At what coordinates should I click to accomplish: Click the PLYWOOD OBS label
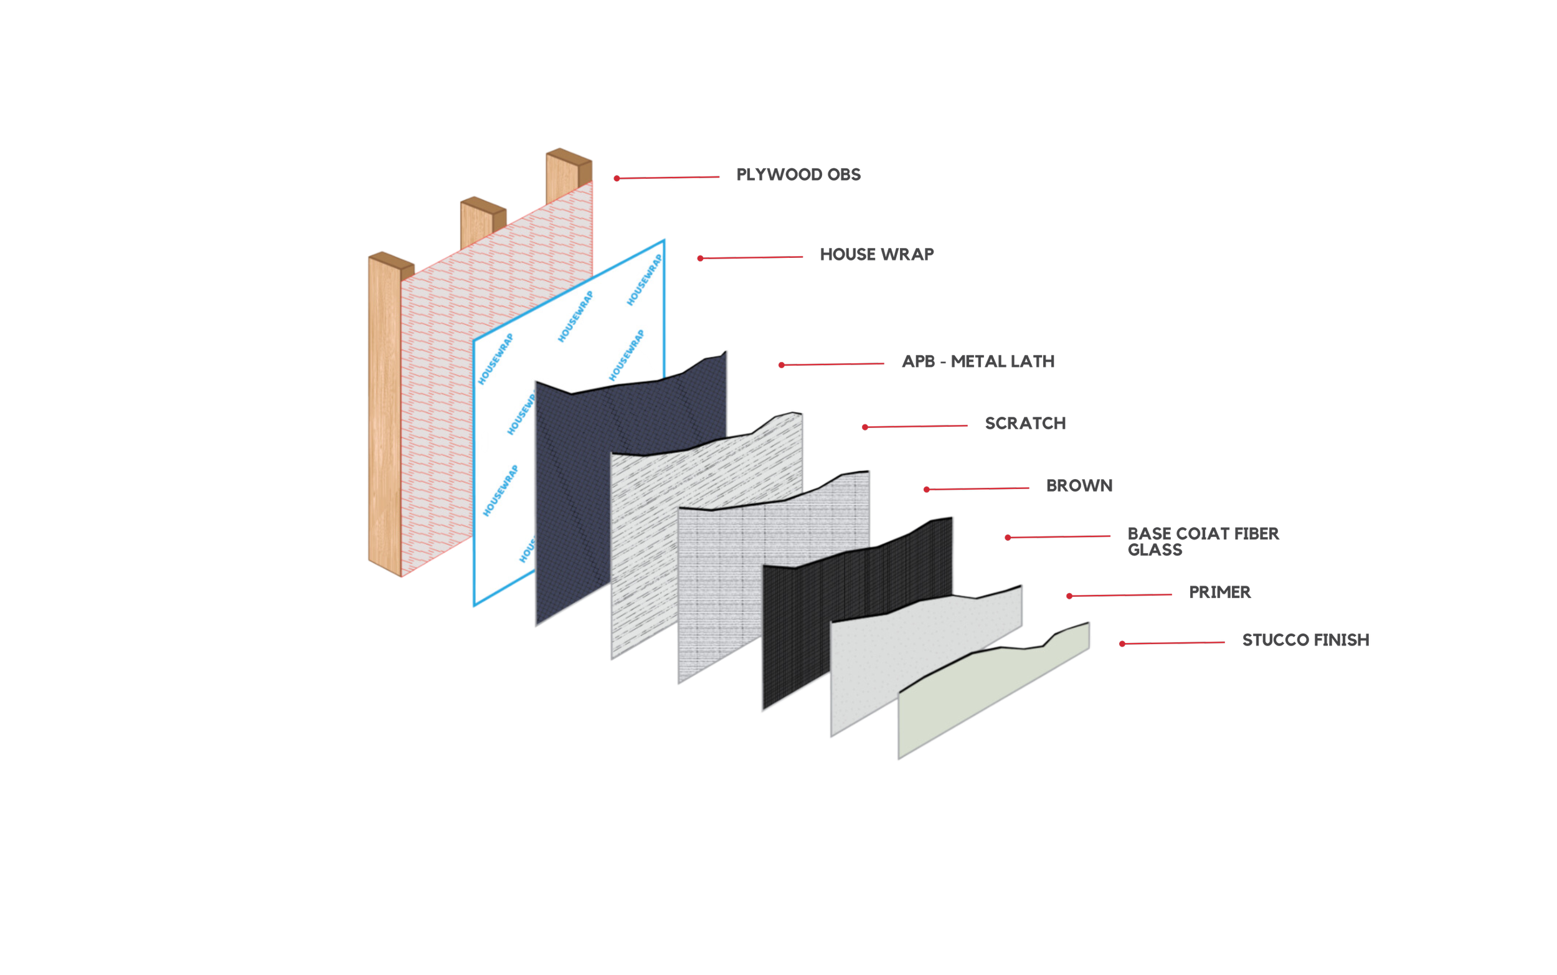[798, 174]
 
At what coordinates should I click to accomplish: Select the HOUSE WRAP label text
[876, 255]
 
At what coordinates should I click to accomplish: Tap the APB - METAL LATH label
[978, 362]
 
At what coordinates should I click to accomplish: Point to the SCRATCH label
[1025, 424]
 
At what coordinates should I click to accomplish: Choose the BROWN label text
[1079, 485]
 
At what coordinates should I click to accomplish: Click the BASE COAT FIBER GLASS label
[1203, 541]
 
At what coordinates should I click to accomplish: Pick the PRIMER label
[1219, 592]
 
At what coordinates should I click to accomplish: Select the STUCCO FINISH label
[1305, 640]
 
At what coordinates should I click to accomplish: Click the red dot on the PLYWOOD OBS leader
[617, 179]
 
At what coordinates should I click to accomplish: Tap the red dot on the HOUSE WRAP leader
[700, 259]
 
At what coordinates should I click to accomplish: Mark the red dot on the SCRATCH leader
[865, 427]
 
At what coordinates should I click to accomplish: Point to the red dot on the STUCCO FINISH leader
[1122, 644]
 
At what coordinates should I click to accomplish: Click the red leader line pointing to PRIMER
[1121, 595]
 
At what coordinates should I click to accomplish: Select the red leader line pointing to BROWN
[978, 489]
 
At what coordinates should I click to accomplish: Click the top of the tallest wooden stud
[569, 155]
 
